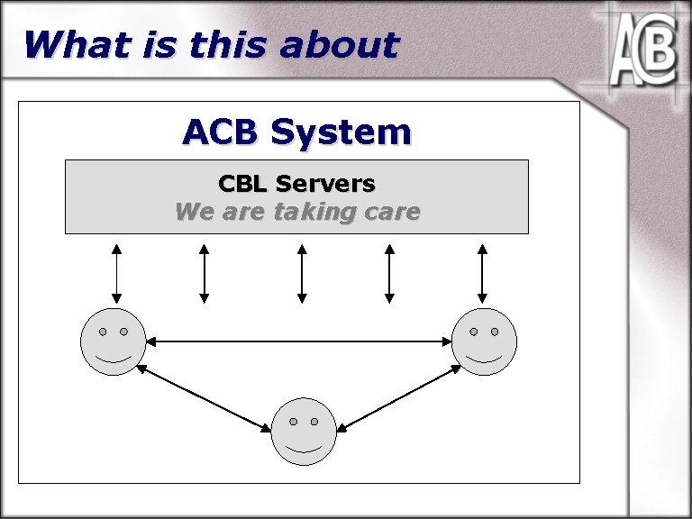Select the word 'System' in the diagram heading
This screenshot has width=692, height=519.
pos(341,132)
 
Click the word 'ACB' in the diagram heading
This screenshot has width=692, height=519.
pos(221,132)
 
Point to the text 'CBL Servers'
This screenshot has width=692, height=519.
pos(296,184)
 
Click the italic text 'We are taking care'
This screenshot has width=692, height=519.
pos(296,213)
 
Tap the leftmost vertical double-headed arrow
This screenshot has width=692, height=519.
pos(116,272)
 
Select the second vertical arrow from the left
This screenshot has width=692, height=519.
pos(205,272)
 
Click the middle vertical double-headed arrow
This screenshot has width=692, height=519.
pos(302,272)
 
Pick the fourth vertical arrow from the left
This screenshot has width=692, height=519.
pos(389,272)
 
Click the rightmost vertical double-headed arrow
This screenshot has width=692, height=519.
pos(483,272)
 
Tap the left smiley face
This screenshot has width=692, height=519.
pos(113,341)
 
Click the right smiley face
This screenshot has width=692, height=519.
pos(484,341)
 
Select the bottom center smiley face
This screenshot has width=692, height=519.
pos(304,432)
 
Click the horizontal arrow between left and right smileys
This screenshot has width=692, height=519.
pos(298,341)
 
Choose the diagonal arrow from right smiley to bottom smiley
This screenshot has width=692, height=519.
pos(399,397)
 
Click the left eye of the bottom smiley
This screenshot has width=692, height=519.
pos(293,422)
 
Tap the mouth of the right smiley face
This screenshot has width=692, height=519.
pos(484,358)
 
